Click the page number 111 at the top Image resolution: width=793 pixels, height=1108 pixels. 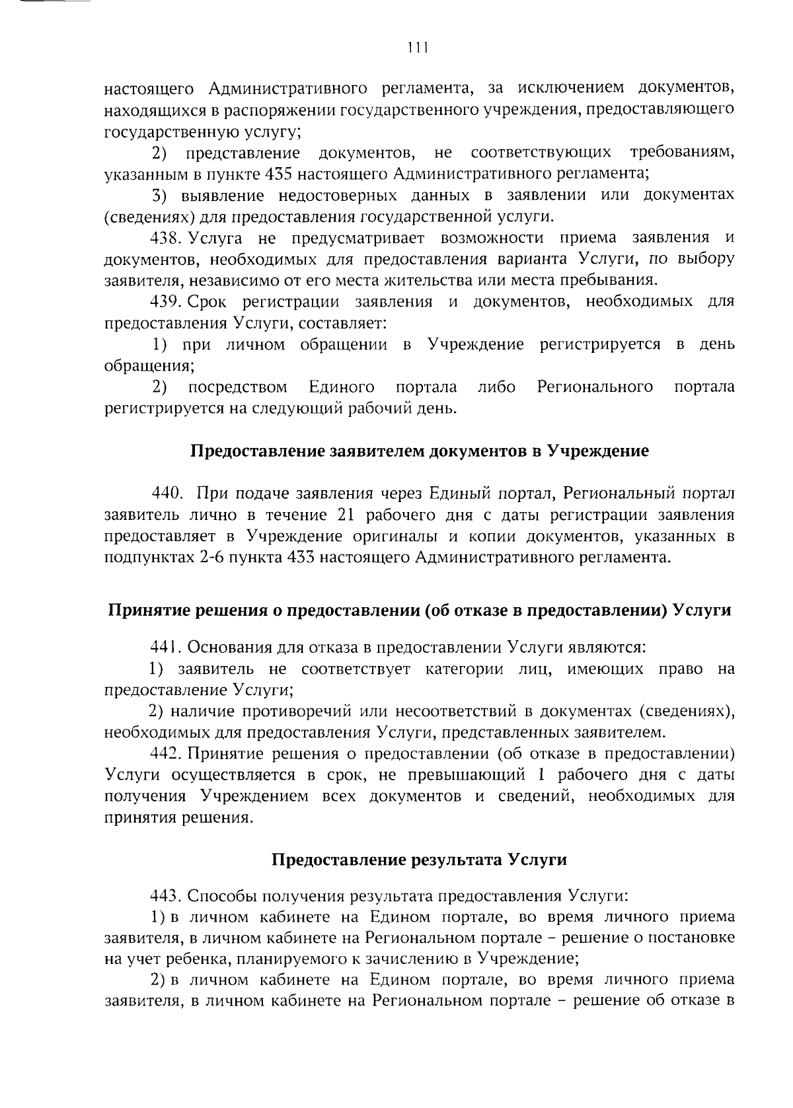(418, 48)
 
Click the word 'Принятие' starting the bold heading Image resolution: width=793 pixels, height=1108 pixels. (144, 610)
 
